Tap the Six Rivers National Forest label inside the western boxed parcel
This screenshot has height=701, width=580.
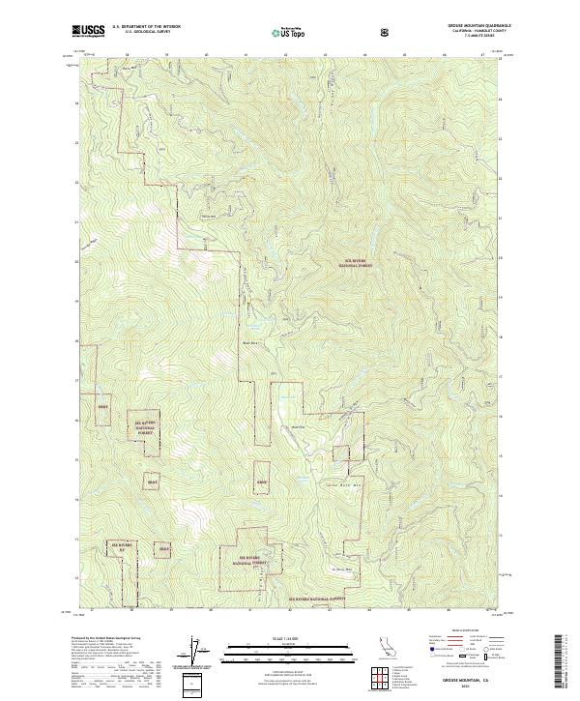[144, 427]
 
